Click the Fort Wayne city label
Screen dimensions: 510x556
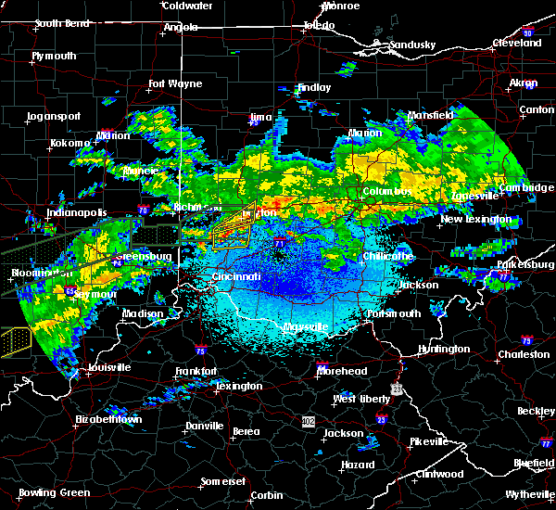[x=175, y=84]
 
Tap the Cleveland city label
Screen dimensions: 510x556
[x=517, y=43]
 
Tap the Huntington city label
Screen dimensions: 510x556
[x=444, y=349]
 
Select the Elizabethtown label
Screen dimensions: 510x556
[x=108, y=419]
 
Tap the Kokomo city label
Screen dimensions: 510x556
[x=70, y=144]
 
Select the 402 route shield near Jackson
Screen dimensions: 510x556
[x=308, y=421]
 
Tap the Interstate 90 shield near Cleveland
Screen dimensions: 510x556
[x=528, y=33]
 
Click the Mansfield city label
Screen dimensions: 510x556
[x=430, y=116]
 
